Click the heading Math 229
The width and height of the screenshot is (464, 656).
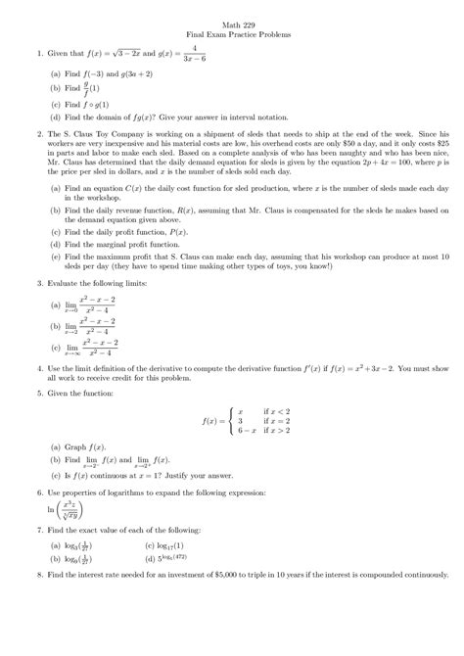pos(232,22)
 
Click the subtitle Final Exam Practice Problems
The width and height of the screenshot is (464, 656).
pos(232,33)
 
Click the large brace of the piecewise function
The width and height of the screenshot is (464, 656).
pos(223,420)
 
